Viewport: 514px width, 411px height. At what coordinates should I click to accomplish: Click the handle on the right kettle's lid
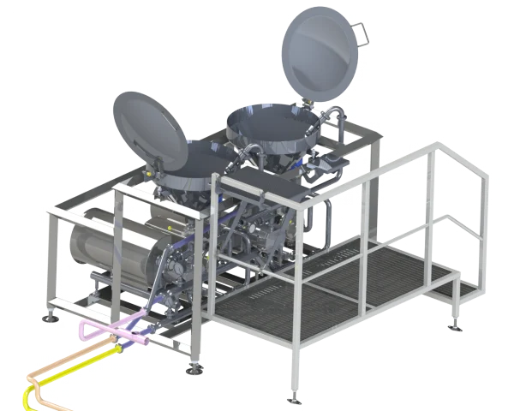pos(362,33)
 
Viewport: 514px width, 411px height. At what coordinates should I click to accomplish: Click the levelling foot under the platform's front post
pos(295,396)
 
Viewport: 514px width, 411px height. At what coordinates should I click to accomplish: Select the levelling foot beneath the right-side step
pos(454,325)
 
